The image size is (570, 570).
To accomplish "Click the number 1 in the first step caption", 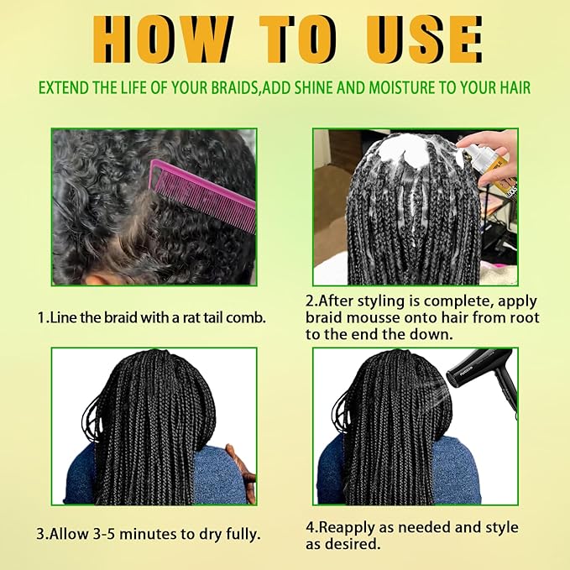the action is point(41,317).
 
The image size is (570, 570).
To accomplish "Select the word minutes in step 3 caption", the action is point(152,534).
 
